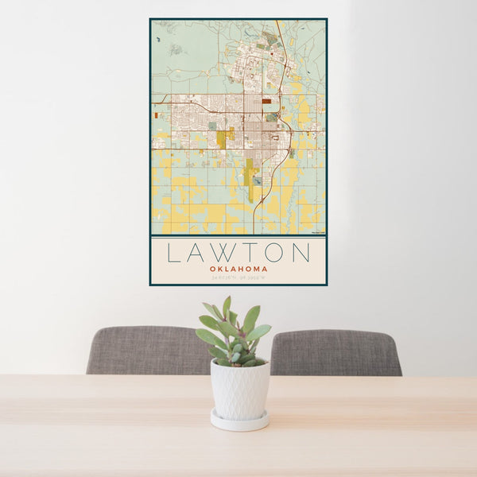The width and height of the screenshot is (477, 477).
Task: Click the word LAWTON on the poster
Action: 238,253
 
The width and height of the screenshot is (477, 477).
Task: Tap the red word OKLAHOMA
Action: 238,269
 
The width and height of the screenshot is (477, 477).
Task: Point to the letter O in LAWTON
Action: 272,253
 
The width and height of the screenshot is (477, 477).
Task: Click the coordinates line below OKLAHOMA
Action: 238,277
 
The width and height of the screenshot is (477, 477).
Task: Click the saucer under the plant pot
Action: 239,421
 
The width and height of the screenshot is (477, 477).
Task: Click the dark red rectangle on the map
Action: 266,101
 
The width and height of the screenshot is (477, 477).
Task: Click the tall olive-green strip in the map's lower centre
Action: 249,179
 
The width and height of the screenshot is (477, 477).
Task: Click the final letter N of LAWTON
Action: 299,253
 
